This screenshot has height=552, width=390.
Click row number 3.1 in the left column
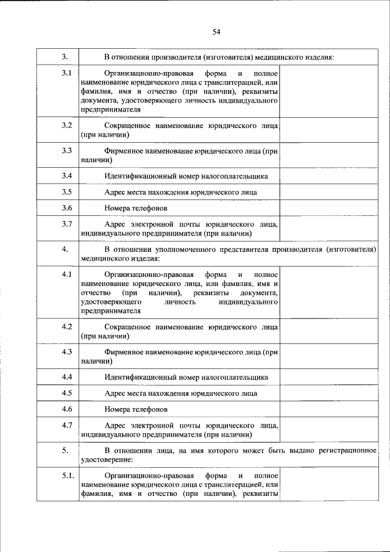[67, 74]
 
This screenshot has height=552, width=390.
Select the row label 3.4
[67, 176]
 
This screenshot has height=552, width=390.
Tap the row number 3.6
[67, 208]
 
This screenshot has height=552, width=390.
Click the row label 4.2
[67, 326]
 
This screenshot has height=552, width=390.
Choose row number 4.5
[67, 393]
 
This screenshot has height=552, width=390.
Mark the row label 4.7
[67, 425]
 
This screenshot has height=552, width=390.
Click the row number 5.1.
[67, 475]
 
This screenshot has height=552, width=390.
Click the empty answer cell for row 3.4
[330, 176]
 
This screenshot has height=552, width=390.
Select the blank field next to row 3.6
[330, 209]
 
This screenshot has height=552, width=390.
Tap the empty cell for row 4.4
[330, 377]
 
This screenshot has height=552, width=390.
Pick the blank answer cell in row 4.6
[330, 409]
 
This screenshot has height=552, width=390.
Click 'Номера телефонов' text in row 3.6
[135, 209]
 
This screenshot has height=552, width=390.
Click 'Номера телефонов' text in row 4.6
[135, 409]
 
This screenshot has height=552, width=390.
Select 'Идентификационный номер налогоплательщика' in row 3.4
[186, 176]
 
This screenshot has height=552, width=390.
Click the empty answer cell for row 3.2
[330, 130]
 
